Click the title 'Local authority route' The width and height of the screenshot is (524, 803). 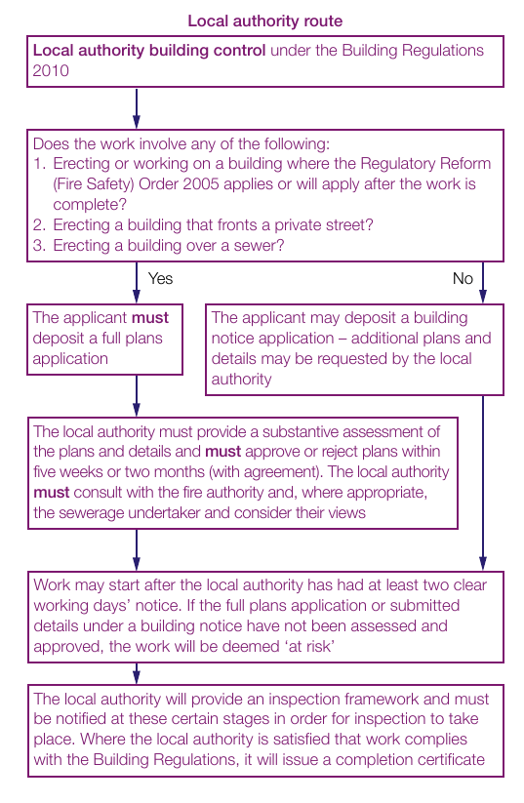tap(264, 21)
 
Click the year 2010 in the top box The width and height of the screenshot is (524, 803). tap(51, 70)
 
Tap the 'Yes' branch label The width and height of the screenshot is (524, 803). tap(160, 279)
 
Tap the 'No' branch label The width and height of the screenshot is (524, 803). tap(463, 279)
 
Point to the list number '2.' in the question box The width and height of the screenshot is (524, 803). tap(39, 224)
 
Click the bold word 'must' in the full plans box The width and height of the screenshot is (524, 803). tap(150, 317)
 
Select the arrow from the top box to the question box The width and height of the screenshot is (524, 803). tap(137, 108)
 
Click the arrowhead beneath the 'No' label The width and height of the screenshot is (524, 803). tap(482, 296)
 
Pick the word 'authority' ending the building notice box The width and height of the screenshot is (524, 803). tap(241, 380)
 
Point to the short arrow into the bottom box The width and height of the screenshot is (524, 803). tap(137, 673)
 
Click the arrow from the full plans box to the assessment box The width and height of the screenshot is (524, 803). tap(137, 396)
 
